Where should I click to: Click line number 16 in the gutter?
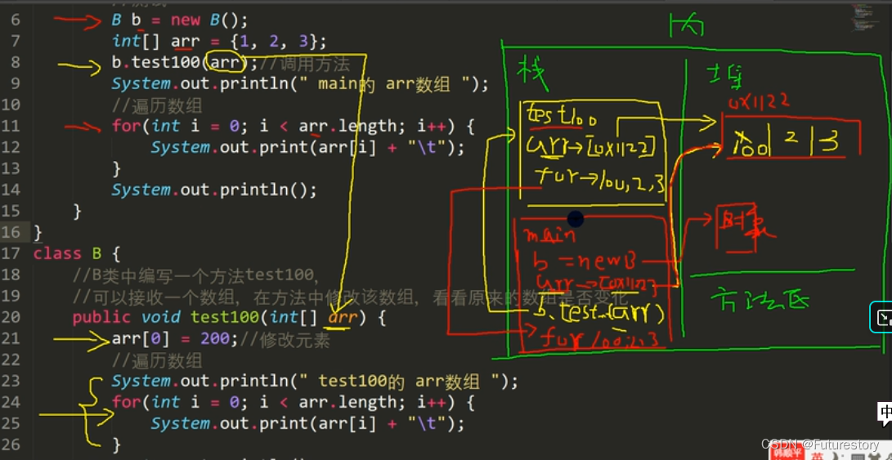tap(11, 232)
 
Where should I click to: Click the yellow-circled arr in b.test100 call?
tap(225, 62)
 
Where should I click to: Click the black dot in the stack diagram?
tap(576, 218)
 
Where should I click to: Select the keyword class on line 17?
tap(57, 253)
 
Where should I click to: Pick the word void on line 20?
tap(160, 317)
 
